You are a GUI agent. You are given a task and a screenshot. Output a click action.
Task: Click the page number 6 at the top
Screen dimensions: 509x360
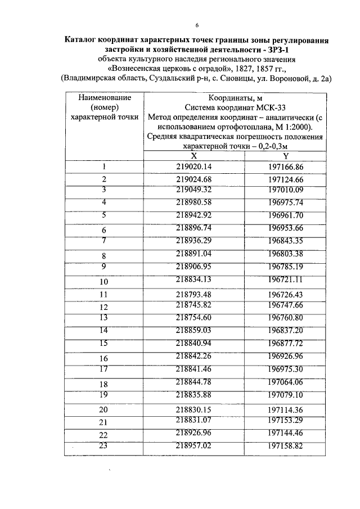(x=197, y=25)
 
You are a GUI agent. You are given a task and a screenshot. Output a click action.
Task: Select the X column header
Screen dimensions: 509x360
(x=194, y=156)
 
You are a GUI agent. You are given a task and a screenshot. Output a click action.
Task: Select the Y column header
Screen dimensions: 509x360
(x=286, y=156)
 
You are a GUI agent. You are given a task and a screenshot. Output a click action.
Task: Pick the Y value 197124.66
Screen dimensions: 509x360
(x=286, y=179)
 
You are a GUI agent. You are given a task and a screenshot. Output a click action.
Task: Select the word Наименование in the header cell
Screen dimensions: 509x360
(x=104, y=97)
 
